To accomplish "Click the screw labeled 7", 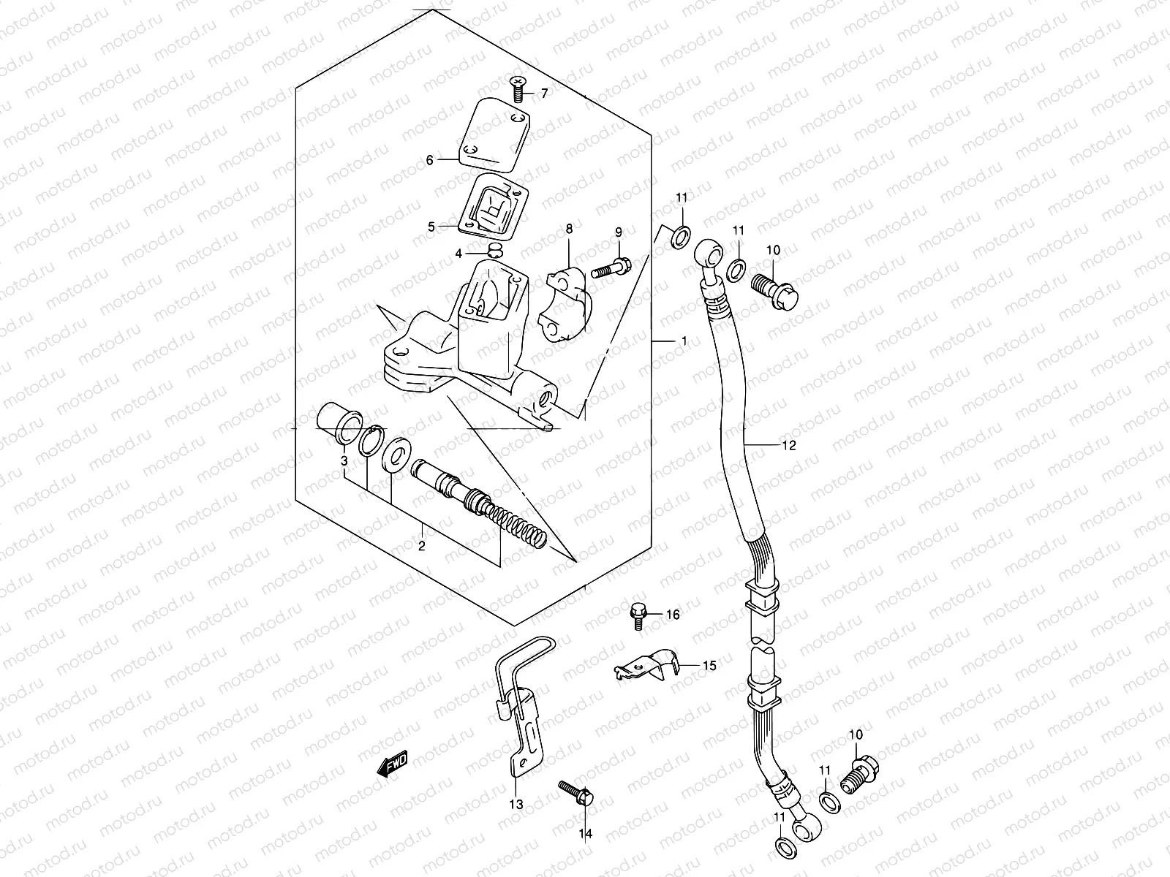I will coord(517,90).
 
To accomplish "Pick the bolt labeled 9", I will coord(611,270).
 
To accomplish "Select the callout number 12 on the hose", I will coord(788,445).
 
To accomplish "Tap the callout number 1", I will coord(684,341).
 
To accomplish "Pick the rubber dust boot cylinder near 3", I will coord(339,419).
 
